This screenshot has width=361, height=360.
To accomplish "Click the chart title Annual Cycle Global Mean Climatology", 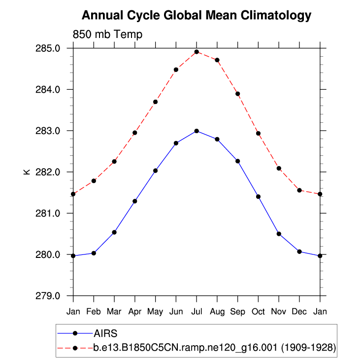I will coord(196,15).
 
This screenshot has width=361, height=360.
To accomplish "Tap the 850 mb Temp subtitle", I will coord(107,35).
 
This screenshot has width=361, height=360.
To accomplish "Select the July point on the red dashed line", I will coord(197,52).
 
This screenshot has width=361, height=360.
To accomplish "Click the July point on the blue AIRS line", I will coord(197,131).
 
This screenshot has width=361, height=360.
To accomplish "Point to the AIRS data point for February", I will coord(94,253).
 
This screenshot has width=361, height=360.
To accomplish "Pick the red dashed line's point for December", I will coord(299,190).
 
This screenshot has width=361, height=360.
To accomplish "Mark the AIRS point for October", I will coord(258,197).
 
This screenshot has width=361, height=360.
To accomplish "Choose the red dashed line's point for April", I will coord(135,133).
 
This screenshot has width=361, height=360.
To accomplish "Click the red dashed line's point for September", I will coord(237,94).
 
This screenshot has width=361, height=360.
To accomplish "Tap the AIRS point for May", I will coord(155,171).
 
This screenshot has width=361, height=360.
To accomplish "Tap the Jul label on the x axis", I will coord(197,312).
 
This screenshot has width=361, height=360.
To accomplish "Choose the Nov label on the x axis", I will coord(279,312).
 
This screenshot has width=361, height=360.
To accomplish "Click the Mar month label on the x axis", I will coord(114,312).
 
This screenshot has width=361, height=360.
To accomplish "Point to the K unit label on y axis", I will coord(27,172).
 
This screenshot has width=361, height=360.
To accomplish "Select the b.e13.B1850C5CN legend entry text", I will coord(214,348).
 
